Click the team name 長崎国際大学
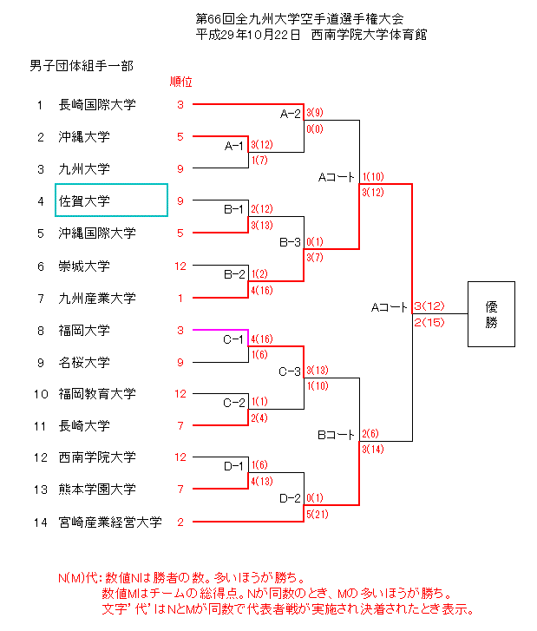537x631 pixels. pyautogui.click(x=97, y=105)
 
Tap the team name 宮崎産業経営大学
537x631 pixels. pyautogui.click(x=110, y=522)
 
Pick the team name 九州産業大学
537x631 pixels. pyautogui.click(x=97, y=298)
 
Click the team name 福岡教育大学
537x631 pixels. pyautogui.click(x=97, y=394)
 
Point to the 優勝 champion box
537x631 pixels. pyautogui.click(x=491, y=314)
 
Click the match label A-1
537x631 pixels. pyautogui.click(x=234, y=145)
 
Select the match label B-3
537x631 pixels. pyautogui.click(x=291, y=241)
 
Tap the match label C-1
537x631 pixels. pyautogui.click(x=234, y=339)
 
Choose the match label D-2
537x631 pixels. pyautogui.click(x=291, y=498)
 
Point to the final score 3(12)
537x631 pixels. pyautogui.click(x=430, y=306)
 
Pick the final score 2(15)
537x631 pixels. pyautogui.click(x=430, y=322)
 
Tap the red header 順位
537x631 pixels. pyautogui.click(x=180, y=82)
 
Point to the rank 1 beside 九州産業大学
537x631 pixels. pyautogui.click(x=180, y=298)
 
